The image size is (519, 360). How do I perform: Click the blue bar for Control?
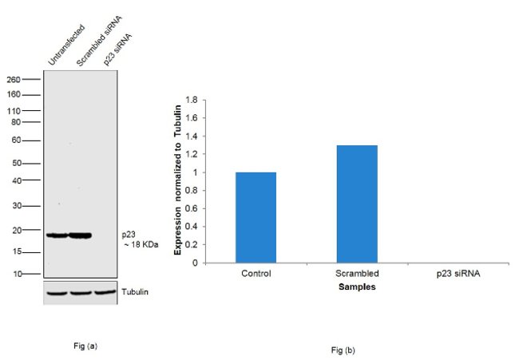(x=256, y=217)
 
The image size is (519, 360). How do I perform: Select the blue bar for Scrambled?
(x=357, y=204)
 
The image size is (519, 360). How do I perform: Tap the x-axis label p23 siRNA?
(x=458, y=273)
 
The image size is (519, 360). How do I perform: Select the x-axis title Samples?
(x=357, y=286)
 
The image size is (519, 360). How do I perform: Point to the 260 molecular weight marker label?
(x=14, y=79)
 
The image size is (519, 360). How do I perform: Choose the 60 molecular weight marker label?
(x=16, y=140)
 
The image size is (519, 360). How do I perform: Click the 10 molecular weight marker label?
(x=16, y=274)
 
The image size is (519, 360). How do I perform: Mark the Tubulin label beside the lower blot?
(x=135, y=291)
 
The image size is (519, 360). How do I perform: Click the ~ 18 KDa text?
(x=141, y=244)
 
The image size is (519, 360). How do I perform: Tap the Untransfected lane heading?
(x=65, y=47)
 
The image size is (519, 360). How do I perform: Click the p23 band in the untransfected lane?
(x=57, y=235)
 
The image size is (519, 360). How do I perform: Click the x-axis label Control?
(x=256, y=273)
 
